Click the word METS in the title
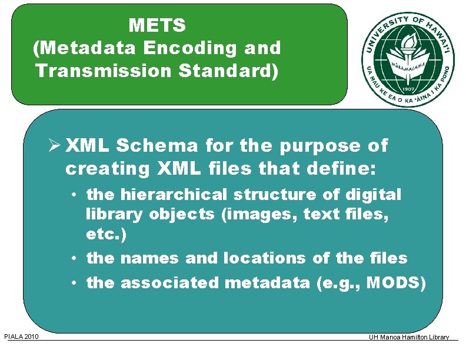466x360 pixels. point(157,26)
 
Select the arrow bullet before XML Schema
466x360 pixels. point(55,145)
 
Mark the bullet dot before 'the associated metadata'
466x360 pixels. point(76,283)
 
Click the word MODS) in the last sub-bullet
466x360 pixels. point(396,283)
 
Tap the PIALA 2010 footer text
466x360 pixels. point(21,337)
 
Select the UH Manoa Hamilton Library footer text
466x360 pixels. point(408,337)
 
